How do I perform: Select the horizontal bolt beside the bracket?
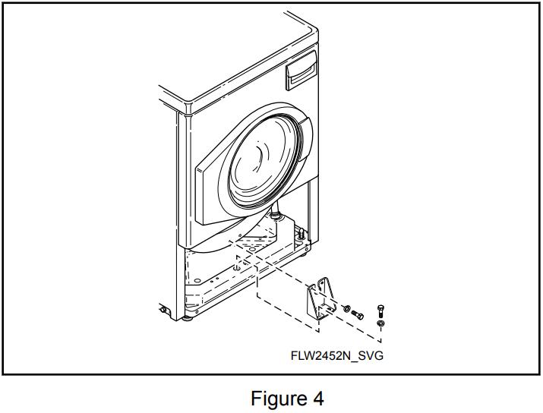click(359, 312)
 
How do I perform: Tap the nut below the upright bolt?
click(380, 325)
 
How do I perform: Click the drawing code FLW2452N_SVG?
click(336, 355)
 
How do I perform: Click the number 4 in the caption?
click(317, 398)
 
